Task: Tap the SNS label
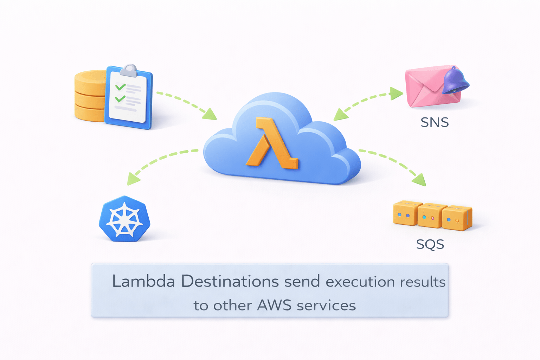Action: (x=435, y=122)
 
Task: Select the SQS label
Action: (x=430, y=244)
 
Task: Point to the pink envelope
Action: (x=427, y=88)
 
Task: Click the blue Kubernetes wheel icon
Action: (x=124, y=219)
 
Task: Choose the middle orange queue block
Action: (x=430, y=216)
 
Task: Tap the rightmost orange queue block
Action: (x=456, y=218)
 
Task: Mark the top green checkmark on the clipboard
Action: (x=121, y=86)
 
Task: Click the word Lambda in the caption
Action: (x=143, y=282)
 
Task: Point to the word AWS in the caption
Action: (x=274, y=305)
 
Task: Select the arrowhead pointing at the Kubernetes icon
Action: (x=133, y=179)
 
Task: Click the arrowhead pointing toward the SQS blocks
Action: (x=420, y=180)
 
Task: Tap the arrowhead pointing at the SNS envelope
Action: (x=396, y=94)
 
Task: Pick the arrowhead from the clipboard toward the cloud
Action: (x=210, y=114)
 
